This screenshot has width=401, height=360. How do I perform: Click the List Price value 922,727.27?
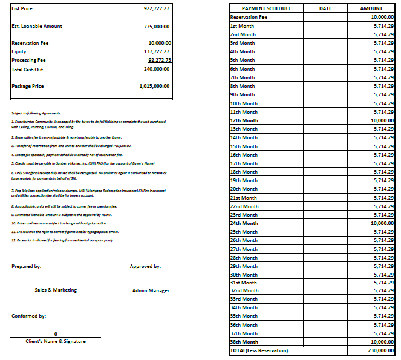[x=157, y=9]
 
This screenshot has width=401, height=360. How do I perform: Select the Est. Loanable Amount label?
[x=37, y=27]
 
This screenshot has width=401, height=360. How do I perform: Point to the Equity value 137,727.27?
[x=157, y=52]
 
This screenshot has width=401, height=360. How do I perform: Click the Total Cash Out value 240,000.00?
[x=157, y=69]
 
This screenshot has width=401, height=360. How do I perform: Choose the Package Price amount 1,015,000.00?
[x=154, y=86]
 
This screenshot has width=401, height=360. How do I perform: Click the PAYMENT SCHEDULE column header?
[x=266, y=8]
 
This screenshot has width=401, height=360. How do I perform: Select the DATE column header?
[x=325, y=8]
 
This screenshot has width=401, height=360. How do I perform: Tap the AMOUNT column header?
[x=371, y=8]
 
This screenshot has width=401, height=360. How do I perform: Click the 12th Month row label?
[x=244, y=120]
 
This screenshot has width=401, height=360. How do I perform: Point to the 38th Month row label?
[x=244, y=342]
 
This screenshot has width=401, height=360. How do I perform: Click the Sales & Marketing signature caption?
[x=56, y=290]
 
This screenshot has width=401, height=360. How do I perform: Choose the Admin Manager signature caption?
[x=151, y=291]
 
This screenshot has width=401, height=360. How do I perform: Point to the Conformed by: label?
[x=28, y=316]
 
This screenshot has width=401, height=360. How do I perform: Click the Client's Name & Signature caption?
[x=56, y=342]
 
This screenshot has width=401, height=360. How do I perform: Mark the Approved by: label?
[x=145, y=266]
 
